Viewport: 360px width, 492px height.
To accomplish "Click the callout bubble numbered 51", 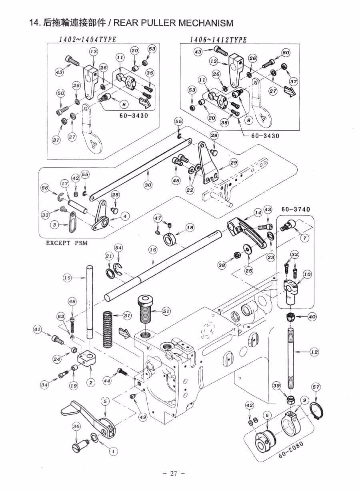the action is (x=166, y=311).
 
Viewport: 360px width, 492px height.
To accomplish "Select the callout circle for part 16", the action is (x=153, y=250).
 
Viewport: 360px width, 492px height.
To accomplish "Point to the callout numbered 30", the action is (x=148, y=185).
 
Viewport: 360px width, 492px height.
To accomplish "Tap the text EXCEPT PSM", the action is (x=67, y=243).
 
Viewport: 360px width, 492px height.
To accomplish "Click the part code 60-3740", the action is (x=296, y=209).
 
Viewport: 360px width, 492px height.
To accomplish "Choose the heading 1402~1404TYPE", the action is (x=88, y=40).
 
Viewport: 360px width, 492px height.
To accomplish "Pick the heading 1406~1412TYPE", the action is (x=218, y=40).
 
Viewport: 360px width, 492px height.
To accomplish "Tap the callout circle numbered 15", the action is (x=67, y=278).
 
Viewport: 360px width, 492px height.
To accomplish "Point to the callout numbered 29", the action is (x=234, y=163).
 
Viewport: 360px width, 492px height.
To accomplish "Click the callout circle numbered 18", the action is (x=190, y=228).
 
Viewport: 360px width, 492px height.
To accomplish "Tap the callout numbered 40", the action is (x=312, y=316).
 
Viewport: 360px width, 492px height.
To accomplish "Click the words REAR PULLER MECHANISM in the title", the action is (x=173, y=23).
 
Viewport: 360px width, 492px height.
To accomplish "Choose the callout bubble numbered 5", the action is (x=105, y=401).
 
